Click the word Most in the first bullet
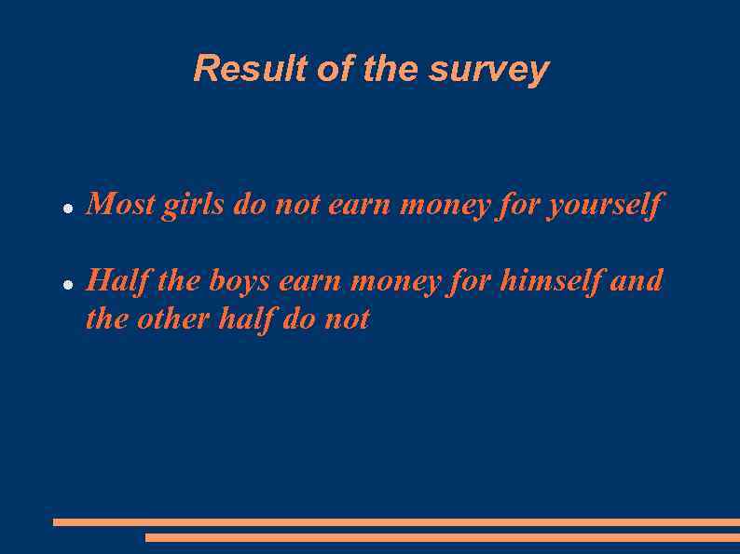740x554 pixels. pos(121,204)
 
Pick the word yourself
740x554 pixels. pos(605,205)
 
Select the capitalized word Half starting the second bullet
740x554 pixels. pos(118,280)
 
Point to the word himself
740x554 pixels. pos(551,280)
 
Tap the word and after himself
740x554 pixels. pos(636,280)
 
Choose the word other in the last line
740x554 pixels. pos(173,319)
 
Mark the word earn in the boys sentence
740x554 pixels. pos(311,281)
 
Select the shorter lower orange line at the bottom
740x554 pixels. pos(443,537)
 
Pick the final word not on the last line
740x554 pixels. pos(347,319)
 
